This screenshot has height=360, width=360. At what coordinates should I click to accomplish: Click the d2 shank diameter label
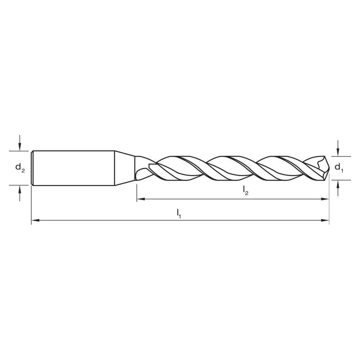[20, 167]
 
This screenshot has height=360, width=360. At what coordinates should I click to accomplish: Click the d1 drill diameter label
[339, 167]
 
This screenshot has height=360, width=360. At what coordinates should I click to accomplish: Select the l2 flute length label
[246, 190]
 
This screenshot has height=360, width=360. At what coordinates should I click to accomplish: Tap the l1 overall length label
[179, 213]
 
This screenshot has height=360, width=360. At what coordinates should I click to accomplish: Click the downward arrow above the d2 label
[20, 146]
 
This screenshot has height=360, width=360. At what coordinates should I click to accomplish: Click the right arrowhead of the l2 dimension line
[326, 198]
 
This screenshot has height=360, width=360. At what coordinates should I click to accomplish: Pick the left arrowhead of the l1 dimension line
[35, 220]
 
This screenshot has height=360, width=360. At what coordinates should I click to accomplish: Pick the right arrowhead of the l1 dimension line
[326, 220]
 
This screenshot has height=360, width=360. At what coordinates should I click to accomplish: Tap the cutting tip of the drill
[327, 168]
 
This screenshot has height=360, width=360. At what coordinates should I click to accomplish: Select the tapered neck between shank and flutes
[125, 168]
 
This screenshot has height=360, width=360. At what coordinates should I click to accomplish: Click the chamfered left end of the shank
[32, 168]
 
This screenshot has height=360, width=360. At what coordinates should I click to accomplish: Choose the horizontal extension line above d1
[340, 156]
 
